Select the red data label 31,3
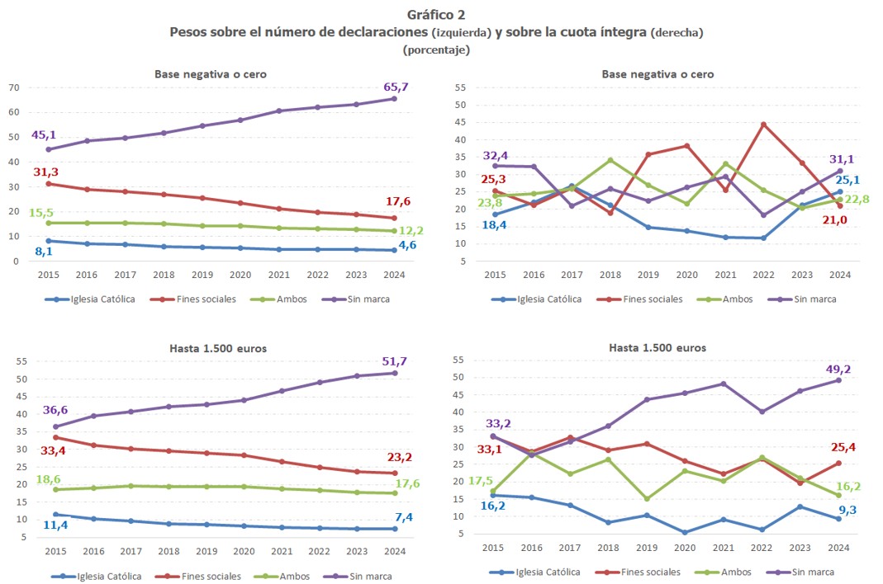(46, 171)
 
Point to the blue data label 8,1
(44, 251)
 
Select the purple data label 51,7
(395, 361)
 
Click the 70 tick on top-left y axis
(14, 87)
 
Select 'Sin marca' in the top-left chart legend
(369, 299)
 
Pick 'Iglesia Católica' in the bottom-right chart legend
(548, 572)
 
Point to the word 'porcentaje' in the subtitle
(436, 49)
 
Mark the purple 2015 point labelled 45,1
(48, 149)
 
